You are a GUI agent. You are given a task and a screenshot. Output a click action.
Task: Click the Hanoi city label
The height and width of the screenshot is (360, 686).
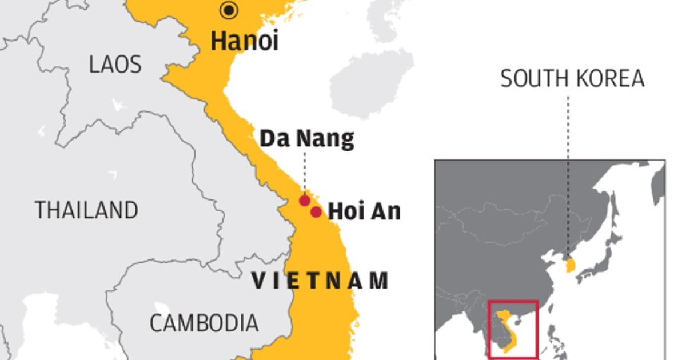(245, 42)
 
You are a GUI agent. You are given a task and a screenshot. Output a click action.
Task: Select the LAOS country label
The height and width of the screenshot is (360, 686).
(115, 65)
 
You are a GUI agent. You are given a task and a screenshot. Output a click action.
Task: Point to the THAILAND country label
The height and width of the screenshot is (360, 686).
(86, 210)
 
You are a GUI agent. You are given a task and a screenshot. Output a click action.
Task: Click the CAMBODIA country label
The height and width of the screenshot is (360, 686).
(204, 323)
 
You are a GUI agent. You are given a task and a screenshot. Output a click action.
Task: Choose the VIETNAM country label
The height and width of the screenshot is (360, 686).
(320, 281)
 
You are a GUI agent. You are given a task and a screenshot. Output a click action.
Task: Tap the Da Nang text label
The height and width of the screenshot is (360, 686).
(307, 139)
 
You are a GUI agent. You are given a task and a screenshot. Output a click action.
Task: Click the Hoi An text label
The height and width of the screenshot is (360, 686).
(364, 212)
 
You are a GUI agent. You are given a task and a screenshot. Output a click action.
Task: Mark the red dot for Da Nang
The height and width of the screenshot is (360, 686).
(305, 201)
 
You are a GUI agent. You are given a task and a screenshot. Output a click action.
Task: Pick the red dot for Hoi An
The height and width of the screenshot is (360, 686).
(316, 213)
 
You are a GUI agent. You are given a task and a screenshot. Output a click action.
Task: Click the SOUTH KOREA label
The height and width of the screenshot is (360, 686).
(572, 79)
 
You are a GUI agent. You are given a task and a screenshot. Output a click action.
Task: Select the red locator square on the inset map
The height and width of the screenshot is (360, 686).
(513, 329)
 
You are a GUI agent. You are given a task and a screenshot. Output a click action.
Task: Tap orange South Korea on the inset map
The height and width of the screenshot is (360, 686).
(571, 265)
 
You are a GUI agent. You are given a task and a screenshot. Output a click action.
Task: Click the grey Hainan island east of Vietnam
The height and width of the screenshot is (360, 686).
(372, 84)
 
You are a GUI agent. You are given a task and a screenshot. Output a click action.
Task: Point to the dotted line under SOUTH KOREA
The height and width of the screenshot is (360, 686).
(568, 171)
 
